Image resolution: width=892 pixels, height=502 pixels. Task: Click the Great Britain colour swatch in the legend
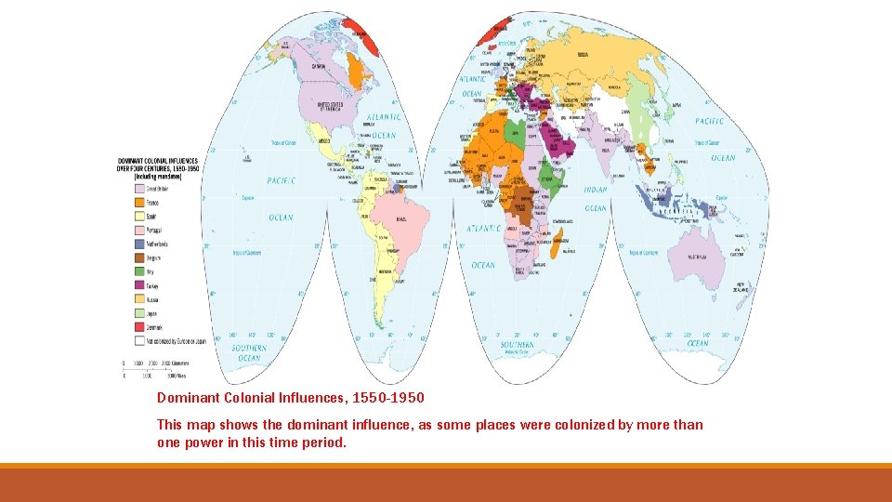click(x=139, y=188)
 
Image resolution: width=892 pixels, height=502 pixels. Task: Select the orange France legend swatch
click(x=139, y=202)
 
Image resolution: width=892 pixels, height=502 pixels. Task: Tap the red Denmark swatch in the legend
click(x=139, y=327)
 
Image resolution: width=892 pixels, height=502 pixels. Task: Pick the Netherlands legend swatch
click(x=139, y=244)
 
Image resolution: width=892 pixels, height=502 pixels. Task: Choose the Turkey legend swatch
click(x=139, y=285)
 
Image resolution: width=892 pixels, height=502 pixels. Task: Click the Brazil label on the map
click(x=401, y=218)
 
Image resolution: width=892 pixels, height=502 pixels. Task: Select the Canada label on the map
click(x=319, y=67)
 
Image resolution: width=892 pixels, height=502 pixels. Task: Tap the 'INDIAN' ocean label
click(x=596, y=190)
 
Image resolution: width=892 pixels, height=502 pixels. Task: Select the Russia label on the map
click(x=583, y=54)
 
